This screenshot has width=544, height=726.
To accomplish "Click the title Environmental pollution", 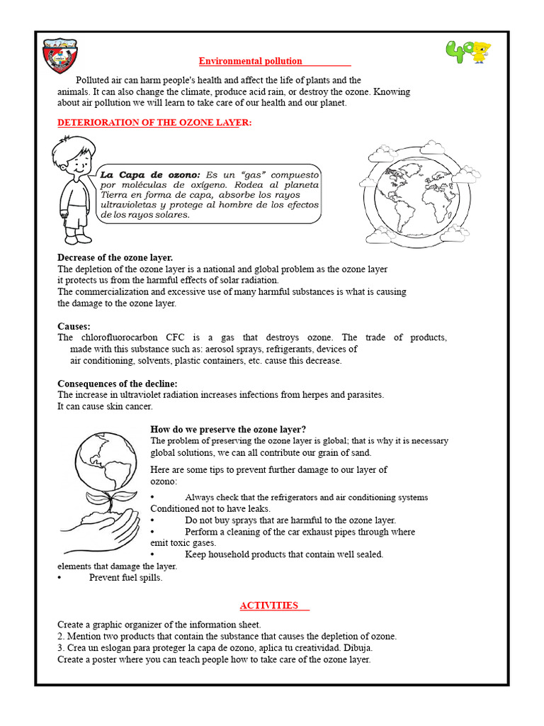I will [250, 61].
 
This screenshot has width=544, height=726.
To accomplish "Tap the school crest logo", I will [59, 56].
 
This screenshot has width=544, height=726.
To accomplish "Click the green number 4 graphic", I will [458, 52].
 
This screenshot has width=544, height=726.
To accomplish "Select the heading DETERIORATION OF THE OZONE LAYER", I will [154, 123].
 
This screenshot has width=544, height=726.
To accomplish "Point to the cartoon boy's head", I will [71, 159].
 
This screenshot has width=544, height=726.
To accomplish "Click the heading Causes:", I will [74, 325].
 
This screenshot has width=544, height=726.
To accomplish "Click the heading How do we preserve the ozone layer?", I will [228, 429].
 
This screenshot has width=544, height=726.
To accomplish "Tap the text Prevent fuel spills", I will [125, 577].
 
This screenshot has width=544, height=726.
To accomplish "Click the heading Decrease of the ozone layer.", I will [115, 257].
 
